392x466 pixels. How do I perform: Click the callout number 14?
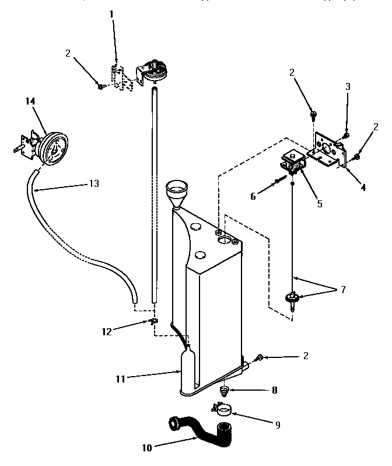(x=30, y=101)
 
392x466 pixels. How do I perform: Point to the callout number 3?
(x=348, y=86)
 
